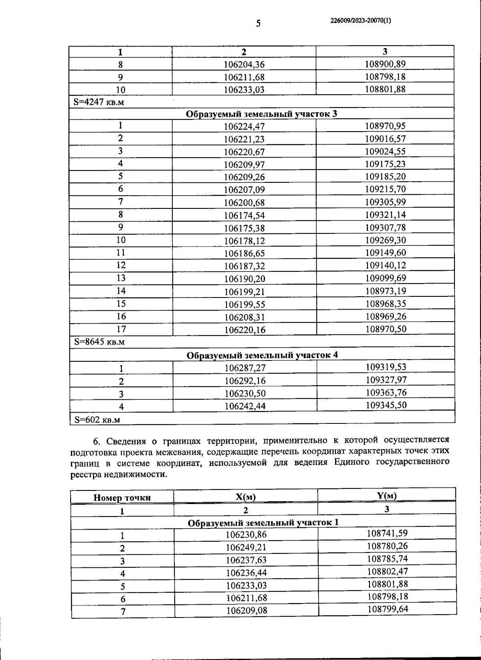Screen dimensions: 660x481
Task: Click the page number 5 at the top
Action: (x=258, y=23)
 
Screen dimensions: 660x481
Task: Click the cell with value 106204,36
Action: (x=244, y=65)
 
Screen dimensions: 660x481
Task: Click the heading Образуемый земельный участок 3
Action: (x=261, y=114)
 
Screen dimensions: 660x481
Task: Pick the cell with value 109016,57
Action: (x=385, y=139)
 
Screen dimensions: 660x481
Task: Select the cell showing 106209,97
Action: (x=244, y=164)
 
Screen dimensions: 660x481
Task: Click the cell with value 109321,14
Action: (x=385, y=215)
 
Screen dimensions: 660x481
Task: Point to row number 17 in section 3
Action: (x=121, y=329)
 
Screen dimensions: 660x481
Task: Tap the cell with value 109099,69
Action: (x=385, y=278)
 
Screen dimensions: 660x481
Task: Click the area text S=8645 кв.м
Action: (x=99, y=342)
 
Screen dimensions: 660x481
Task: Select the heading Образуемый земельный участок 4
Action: (x=262, y=355)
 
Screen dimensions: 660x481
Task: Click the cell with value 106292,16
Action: (x=245, y=381)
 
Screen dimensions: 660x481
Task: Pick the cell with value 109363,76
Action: (x=386, y=393)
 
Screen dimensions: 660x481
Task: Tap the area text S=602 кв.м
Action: (x=97, y=420)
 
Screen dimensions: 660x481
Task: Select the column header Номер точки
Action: (x=122, y=498)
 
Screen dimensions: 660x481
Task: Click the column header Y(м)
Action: (x=386, y=496)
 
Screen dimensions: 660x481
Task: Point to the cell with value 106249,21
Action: (x=246, y=547)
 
